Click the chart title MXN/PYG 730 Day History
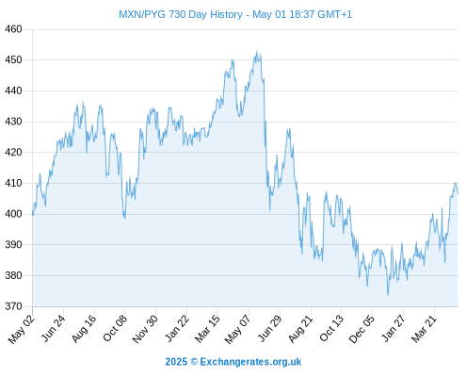(181, 14)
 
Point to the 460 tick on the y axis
(13, 29)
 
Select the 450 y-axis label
(13, 59)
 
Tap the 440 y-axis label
(13, 90)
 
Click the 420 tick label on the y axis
(13, 153)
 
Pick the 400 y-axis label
(13, 214)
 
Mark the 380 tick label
(13, 275)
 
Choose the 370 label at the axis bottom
(13, 306)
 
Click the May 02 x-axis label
(22, 329)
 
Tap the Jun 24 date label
(54, 328)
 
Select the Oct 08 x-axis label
(115, 328)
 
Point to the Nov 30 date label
(145, 329)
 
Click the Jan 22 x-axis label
(177, 328)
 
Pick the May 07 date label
(238, 329)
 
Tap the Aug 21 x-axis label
(301, 328)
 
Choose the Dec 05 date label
(362, 329)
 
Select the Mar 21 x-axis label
(424, 328)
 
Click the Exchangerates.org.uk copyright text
(233, 362)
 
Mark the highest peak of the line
(257, 51)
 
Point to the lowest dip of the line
(388, 295)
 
